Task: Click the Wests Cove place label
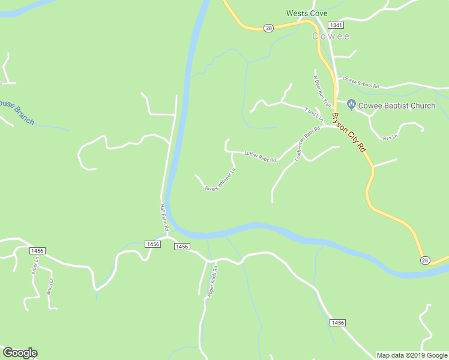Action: click(x=307, y=13)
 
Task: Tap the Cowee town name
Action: click(x=330, y=37)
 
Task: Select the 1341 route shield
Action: click(x=336, y=25)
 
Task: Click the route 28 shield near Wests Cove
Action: click(x=268, y=28)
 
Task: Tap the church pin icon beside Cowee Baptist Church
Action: click(x=351, y=106)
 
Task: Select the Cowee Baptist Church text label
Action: click(x=396, y=106)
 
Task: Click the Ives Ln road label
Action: click(x=391, y=137)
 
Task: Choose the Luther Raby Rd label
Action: click(x=260, y=157)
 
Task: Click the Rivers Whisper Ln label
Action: click(x=220, y=179)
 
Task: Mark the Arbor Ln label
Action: click(x=34, y=266)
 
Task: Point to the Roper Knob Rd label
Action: click(x=212, y=281)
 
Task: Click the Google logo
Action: click(x=20, y=353)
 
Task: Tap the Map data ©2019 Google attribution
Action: click(x=412, y=355)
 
